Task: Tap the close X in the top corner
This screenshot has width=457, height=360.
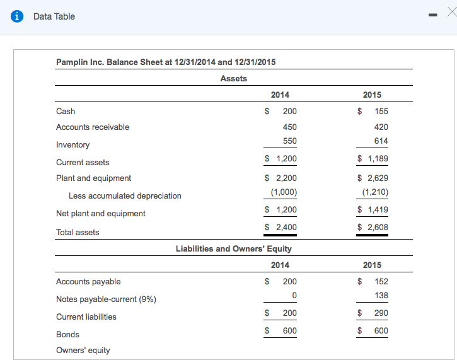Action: (x=450, y=13)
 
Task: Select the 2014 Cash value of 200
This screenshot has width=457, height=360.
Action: (x=289, y=111)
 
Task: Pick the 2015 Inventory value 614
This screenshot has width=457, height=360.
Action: (x=381, y=141)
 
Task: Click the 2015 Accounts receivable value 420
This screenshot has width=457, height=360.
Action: (x=381, y=126)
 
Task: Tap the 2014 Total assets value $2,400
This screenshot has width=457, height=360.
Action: (x=281, y=227)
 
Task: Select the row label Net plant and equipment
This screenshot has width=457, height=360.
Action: (x=101, y=213)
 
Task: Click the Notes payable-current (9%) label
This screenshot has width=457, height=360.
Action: (x=106, y=299)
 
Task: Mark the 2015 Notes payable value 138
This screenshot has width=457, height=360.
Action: (x=381, y=295)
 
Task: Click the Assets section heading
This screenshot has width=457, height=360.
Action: (x=233, y=78)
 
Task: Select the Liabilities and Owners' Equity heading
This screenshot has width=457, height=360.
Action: (x=233, y=248)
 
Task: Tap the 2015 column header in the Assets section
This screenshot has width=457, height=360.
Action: (x=372, y=95)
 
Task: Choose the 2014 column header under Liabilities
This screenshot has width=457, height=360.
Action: (x=280, y=265)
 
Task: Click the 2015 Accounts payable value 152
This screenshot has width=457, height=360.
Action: (x=381, y=281)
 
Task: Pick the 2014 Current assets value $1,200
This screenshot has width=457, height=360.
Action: (x=281, y=158)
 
